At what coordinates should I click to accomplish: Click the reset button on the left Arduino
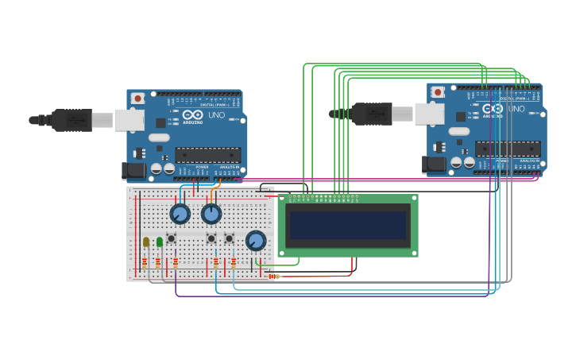[x=137, y=99]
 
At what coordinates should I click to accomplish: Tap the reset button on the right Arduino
[x=438, y=92]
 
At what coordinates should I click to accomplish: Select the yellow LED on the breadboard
[x=146, y=242]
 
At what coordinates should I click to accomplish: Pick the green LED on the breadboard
[x=160, y=241]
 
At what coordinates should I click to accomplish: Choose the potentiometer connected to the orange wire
[x=211, y=214]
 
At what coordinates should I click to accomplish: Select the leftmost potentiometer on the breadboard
[x=180, y=214]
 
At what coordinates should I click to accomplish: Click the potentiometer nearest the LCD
[x=256, y=240]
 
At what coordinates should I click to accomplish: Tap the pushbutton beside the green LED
[x=171, y=238]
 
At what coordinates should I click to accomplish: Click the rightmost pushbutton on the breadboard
[x=229, y=238]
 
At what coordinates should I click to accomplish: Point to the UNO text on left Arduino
[x=216, y=115]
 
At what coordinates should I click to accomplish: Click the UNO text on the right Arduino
[x=516, y=109]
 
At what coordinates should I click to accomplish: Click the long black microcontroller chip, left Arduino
[x=208, y=154]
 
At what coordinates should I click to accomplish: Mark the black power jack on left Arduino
[x=132, y=169]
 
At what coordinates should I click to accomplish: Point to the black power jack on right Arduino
[x=432, y=164]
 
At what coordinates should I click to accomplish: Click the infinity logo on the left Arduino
[x=193, y=114]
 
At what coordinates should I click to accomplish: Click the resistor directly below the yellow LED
[x=145, y=262]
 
